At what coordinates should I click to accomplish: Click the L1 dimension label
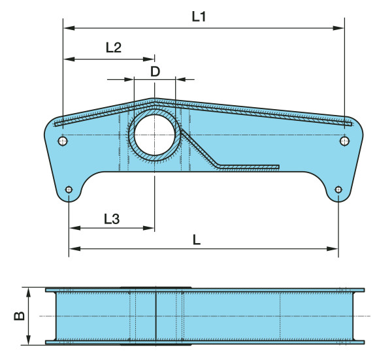(x=199, y=17)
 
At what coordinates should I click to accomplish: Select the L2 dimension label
(x=114, y=47)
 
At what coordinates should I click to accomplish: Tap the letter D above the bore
(x=155, y=72)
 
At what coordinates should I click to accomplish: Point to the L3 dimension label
(x=112, y=219)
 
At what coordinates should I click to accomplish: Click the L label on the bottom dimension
(x=197, y=240)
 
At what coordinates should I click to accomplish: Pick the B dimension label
(x=19, y=316)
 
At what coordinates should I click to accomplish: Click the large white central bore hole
(x=154, y=135)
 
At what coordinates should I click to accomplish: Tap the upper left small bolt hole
(x=63, y=141)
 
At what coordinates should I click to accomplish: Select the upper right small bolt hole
(x=344, y=141)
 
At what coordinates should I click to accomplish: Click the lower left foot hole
(x=69, y=189)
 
